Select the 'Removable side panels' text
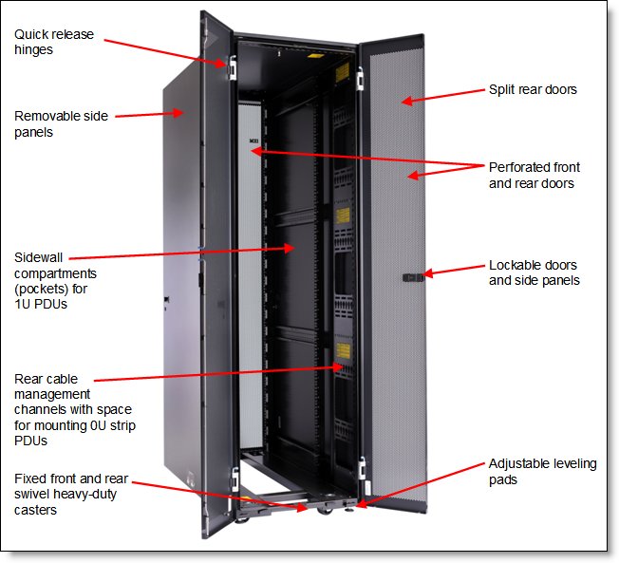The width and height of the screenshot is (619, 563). coord(61,124)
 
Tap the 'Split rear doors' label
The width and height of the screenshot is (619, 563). coord(533,90)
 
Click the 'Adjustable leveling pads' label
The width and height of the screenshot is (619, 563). coord(542,472)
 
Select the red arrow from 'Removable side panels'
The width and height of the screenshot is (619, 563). coord(147,114)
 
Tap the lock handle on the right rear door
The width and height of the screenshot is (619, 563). coord(413,277)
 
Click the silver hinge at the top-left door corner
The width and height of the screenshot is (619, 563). coord(230,65)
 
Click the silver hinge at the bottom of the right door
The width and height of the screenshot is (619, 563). coord(362,466)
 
